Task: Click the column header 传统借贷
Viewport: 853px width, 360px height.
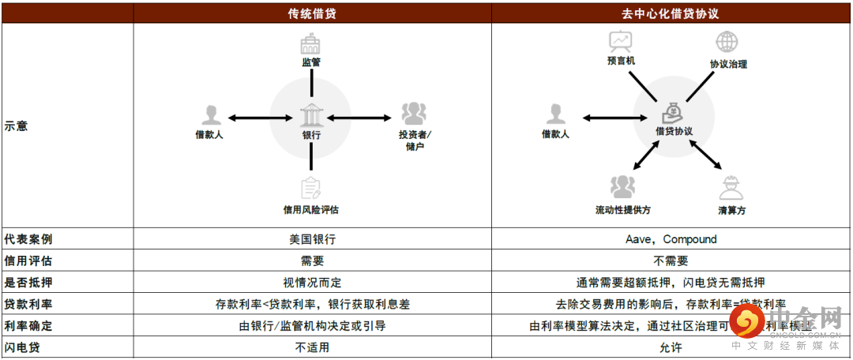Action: click(x=312, y=13)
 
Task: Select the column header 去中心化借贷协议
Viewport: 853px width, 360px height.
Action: click(x=671, y=13)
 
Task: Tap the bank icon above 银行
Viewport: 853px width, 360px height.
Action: click(x=311, y=116)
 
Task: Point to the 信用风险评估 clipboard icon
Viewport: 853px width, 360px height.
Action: click(x=311, y=189)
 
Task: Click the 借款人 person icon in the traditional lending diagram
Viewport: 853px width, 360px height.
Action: click(x=209, y=115)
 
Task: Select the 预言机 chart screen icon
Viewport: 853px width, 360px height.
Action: click(x=620, y=41)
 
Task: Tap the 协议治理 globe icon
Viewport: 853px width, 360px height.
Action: click(x=727, y=42)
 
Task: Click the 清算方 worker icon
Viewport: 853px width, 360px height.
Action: click(x=731, y=188)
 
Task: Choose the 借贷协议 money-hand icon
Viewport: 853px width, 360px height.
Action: click(x=673, y=111)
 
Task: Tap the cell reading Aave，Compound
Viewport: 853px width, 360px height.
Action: click(x=671, y=239)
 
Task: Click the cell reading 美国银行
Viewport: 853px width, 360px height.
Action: click(x=312, y=239)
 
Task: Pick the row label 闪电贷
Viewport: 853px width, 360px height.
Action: click(x=22, y=347)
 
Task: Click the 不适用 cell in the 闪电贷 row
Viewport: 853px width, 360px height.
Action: click(x=312, y=347)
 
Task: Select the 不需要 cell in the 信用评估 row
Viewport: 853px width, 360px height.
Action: click(x=671, y=261)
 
